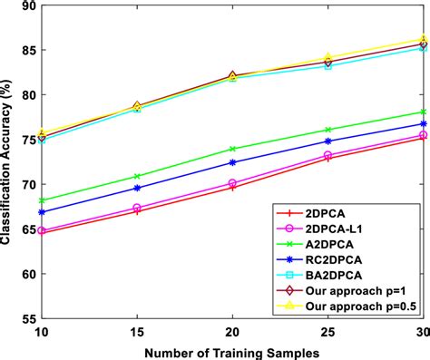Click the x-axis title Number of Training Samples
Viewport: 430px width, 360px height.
click(231, 351)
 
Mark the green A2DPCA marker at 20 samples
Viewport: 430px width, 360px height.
click(233, 149)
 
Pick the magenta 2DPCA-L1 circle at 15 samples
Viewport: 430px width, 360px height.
click(137, 208)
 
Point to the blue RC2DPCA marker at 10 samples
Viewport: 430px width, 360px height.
click(42, 212)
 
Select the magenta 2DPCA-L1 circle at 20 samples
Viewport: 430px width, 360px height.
click(233, 183)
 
